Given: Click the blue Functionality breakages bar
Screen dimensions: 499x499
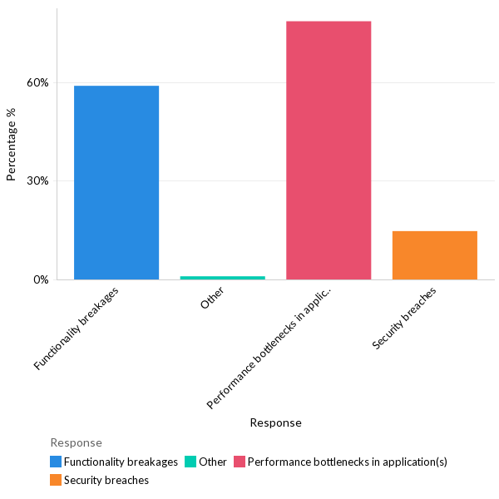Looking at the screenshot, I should click(116, 182).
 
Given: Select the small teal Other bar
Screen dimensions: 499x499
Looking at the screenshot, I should click(222, 277).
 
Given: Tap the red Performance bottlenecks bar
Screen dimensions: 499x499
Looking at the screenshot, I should click(329, 150).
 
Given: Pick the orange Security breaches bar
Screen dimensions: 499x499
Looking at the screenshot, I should click(434, 254).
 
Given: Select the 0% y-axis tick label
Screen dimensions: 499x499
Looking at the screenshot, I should click(41, 279).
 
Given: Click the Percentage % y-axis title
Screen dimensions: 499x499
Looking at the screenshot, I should click(12, 150).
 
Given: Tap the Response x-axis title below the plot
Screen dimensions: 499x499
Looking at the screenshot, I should click(275, 422).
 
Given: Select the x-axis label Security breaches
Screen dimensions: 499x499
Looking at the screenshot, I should click(404, 319).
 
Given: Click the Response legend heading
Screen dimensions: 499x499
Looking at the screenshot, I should click(76, 442).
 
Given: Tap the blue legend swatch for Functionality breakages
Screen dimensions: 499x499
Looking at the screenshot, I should click(56, 462).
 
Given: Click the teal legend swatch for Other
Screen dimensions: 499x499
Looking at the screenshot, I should click(190, 462).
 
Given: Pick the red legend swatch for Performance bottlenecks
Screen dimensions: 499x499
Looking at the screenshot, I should click(240, 462).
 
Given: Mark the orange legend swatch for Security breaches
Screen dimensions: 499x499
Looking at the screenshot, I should click(56, 480).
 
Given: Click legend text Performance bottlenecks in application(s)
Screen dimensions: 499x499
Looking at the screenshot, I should click(347, 462).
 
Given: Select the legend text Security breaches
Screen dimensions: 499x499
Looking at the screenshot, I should click(106, 480).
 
